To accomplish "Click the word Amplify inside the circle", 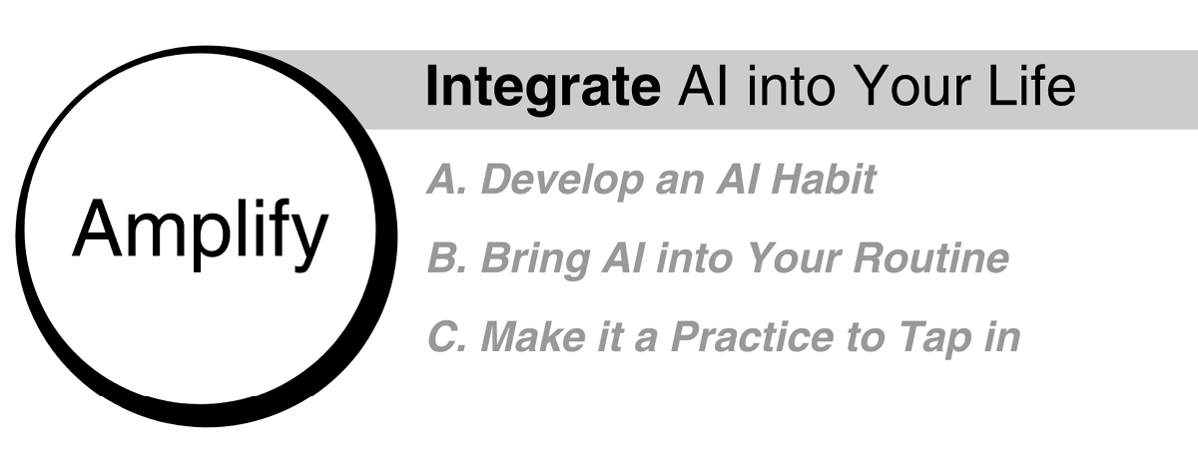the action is coord(200,236).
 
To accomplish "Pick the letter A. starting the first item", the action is coord(447,179).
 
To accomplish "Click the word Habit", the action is coord(824,179).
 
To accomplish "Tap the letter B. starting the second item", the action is coord(447,257).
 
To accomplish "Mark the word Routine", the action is coord(931,257).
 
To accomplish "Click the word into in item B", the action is coord(694,257).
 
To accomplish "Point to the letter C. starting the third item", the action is coord(447,336).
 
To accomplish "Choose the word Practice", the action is coord(752,336).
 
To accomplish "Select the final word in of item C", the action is coord(1001,336).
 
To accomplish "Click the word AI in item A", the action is coord(738,179).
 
